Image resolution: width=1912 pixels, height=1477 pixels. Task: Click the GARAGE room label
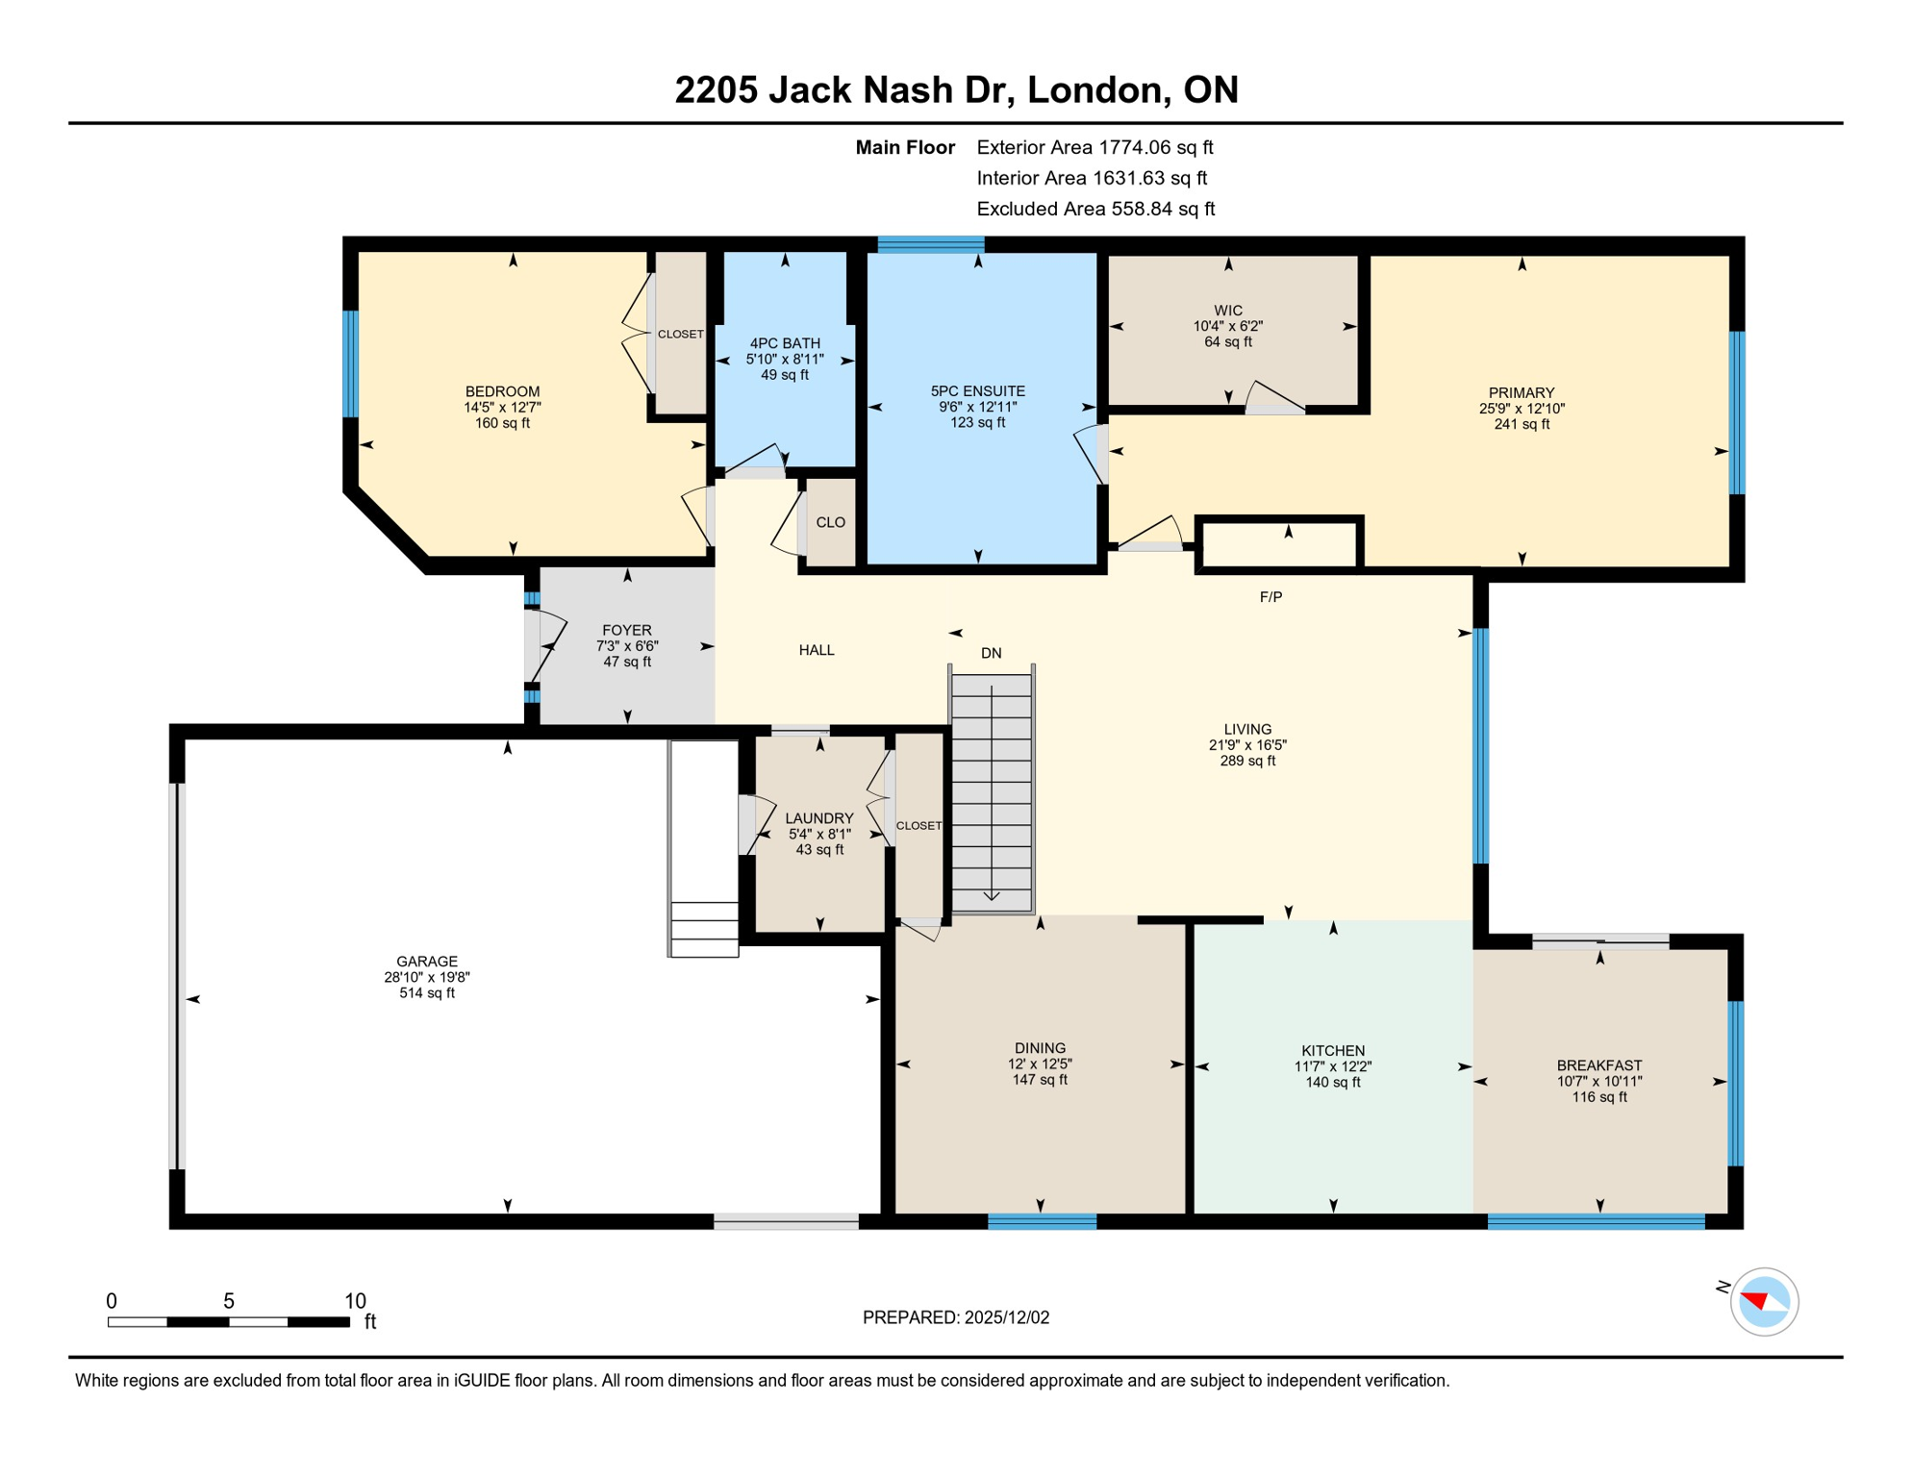point(426,961)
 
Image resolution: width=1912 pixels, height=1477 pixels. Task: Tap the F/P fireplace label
point(1270,596)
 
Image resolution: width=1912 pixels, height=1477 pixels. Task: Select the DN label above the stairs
point(991,653)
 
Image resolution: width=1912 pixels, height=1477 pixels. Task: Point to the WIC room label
point(1227,311)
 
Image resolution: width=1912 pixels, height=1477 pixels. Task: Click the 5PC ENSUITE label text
point(977,391)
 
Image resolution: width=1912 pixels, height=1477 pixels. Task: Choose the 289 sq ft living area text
point(1247,761)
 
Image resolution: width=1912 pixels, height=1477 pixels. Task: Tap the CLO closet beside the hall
point(830,522)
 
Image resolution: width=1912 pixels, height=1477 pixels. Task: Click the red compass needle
point(1755,1300)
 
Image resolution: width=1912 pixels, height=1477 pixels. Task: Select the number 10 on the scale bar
point(355,1301)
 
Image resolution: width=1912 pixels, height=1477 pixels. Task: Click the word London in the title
point(1093,89)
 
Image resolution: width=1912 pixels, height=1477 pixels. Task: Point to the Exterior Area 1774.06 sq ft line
point(1094,147)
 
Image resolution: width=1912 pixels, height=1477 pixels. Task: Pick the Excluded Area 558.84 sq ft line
point(1095,209)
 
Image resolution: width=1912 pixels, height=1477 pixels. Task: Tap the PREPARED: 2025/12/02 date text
point(955,1317)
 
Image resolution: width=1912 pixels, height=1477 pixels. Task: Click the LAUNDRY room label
point(818,818)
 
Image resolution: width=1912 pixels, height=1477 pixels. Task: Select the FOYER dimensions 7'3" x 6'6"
point(627,646)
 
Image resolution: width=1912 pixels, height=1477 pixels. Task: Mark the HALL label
point(816,650)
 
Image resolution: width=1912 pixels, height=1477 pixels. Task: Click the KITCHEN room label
point(1332,1051)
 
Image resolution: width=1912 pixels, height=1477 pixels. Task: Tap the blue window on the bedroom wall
point(351,363)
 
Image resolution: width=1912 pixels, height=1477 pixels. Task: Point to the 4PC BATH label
point(785,343)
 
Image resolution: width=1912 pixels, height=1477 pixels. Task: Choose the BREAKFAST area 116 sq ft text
point(1598,1097)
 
